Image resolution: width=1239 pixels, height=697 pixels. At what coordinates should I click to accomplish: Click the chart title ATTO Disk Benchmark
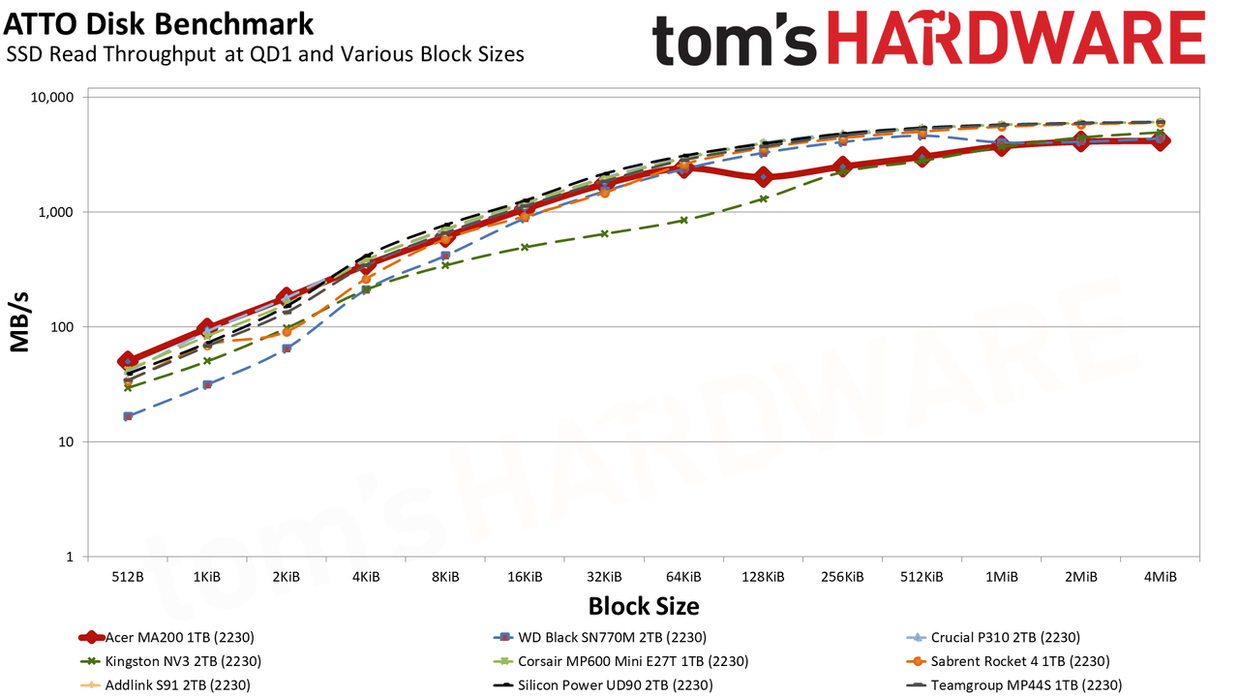pos(158,25)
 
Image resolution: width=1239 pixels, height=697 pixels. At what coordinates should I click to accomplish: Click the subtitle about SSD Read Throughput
pos(265,54)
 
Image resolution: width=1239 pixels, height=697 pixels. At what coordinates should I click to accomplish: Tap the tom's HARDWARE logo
pos(928,40)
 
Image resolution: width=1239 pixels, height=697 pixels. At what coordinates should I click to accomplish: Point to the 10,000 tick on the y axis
pos(51,98)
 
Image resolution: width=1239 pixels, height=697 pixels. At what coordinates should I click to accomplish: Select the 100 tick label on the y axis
pos(62,327)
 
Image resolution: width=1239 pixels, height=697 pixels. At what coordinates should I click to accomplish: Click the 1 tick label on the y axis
pos(70,557)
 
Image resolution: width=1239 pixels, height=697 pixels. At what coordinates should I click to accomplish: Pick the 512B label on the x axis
pos(128,577)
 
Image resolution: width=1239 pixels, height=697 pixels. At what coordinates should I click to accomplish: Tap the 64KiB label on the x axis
pos(683,577)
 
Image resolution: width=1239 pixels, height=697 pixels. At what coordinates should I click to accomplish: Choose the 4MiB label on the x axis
pos(1160,577)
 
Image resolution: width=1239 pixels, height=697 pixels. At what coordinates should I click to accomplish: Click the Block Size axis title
pos(644,606)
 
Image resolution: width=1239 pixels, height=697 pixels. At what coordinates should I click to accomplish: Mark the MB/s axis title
pos(19,322)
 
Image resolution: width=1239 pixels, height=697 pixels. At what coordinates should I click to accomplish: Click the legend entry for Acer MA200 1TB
pos(166,637)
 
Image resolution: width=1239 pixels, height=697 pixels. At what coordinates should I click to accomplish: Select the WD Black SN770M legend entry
pos(599,637)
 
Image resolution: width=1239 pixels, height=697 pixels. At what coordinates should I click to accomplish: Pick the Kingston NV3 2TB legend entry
pos(169,661)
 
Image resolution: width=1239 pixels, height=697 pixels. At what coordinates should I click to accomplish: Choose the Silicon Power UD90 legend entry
pos(602,684)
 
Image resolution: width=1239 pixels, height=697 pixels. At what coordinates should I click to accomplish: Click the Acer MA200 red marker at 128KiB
pos(764,177)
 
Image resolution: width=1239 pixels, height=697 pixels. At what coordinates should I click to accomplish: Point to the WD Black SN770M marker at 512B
pos(128,416)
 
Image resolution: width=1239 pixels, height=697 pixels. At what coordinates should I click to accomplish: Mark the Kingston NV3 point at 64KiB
pos(683,220)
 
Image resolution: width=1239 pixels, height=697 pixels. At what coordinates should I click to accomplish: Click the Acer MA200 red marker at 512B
pos(128,361)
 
